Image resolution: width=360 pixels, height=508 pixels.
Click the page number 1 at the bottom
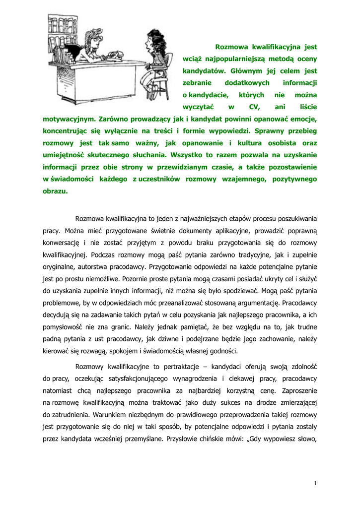315,483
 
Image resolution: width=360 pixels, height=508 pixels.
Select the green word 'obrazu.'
55,190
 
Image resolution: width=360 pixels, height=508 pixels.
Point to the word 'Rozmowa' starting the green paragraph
232,47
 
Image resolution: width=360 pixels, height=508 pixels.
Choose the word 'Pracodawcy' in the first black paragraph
299,302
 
